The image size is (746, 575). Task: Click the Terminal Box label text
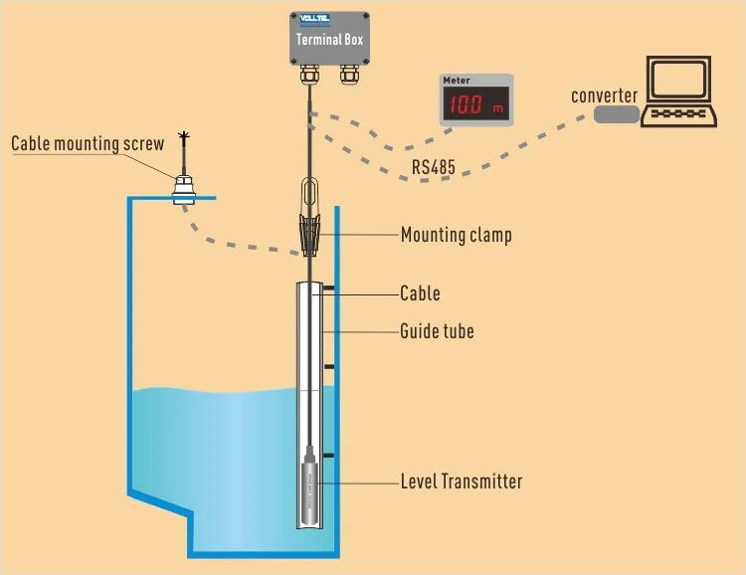(330, 41)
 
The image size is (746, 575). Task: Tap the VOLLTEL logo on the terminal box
(315, 19)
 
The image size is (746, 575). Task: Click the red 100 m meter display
(475, 103)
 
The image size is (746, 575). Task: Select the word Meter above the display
(457, 80)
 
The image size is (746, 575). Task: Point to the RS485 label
(433, 167)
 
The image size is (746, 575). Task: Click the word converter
(604, 96)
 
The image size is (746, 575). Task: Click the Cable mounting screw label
(88, 144)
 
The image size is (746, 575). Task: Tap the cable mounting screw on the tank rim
(182, 187)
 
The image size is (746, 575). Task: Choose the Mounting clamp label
(456, 236)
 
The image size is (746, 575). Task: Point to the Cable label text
(420, 293)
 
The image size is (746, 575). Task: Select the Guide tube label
(437, 330)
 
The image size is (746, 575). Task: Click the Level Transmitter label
(461, 481)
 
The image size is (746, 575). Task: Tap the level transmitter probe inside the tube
(310, 487)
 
